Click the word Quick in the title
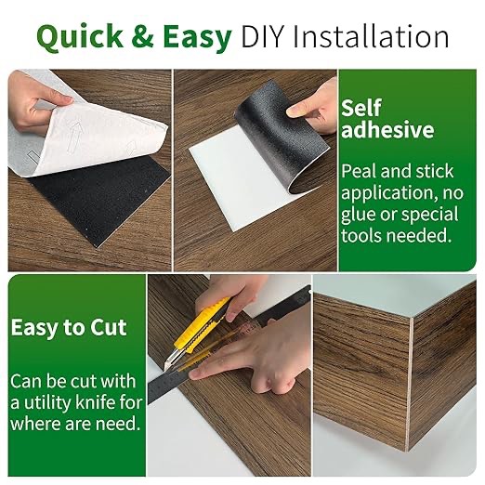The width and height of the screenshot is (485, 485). coord(80,37)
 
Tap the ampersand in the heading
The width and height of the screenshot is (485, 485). coord(143,36)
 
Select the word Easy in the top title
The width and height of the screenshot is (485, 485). coord(197,38)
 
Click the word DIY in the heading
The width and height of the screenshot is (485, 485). coord(262,36)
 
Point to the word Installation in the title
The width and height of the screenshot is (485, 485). coord(371,36)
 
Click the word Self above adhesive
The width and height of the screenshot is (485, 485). coord(361,108)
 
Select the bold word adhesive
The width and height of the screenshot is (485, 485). coord(387,130)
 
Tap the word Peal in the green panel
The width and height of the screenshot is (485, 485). coord(359,171)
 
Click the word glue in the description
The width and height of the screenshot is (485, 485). coord(359,215)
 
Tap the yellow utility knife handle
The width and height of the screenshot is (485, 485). coord(202,323)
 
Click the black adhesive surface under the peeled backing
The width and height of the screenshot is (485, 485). coord(99,198)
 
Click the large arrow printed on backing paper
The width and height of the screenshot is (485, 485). coord(74,138)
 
